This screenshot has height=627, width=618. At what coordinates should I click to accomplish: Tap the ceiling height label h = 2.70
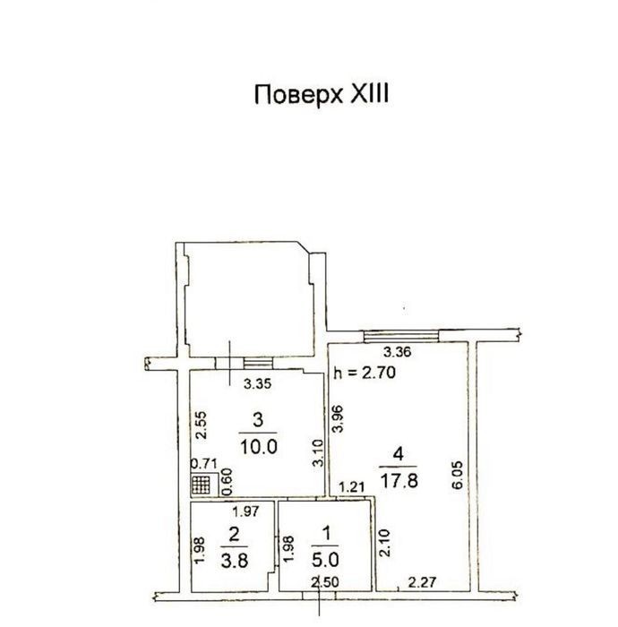[x=365, y=373]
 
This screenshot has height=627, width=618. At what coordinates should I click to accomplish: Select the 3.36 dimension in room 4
[x=397, y=352]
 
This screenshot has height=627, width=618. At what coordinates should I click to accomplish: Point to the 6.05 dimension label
[x=458, y=475]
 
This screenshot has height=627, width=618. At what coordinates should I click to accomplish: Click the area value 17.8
[x=399, y=481]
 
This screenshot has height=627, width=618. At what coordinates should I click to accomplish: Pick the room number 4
[x=399, y=454]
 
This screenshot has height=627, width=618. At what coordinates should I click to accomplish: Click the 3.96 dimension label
[x=339, y=418]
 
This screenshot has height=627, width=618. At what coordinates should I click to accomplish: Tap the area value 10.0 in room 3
[x=259, y=447]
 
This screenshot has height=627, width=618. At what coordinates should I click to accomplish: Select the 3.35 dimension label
[x=257, y=384]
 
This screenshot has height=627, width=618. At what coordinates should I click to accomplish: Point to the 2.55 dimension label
[x=202, y=425]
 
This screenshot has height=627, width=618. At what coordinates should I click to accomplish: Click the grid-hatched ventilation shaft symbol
[x=201, y=485]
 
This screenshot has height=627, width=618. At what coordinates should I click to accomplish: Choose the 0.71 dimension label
[x=203, y=464]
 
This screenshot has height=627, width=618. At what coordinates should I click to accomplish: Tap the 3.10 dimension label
[x=318, y=452]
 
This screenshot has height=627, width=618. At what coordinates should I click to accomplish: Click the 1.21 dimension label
[x=352, y=487]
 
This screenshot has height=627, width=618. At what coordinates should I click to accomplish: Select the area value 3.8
[x=235, y=560]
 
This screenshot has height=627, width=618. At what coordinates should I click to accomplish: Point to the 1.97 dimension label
[x=245, y=511]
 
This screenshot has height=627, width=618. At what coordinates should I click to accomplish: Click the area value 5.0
[x=325, y=560]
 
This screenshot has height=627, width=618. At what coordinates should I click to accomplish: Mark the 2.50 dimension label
[x=325, y=582]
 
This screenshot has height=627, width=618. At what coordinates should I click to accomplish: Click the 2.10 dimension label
[x=383, y=543]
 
